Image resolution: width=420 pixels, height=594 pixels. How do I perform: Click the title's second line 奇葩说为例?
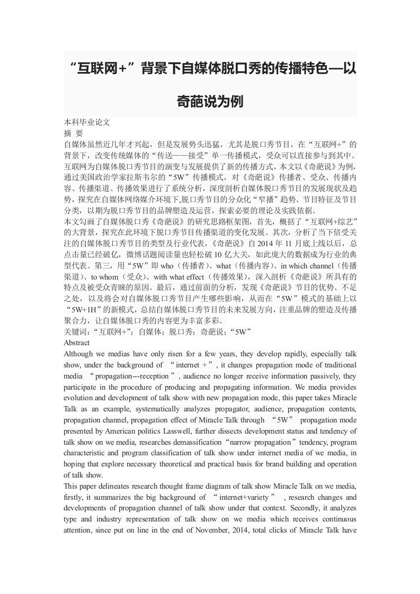210,101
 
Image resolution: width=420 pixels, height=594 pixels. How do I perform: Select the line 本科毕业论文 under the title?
87,122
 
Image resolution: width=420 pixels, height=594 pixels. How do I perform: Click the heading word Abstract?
77,343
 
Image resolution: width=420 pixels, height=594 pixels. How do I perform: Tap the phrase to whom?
105,276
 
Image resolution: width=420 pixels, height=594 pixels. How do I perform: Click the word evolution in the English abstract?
80,398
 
